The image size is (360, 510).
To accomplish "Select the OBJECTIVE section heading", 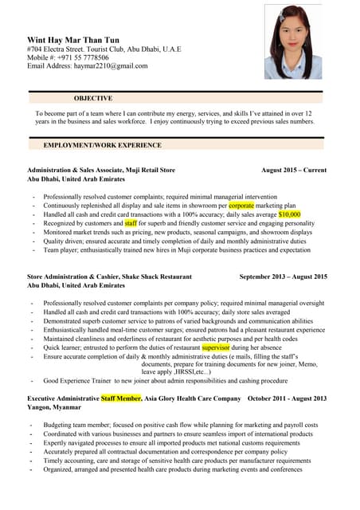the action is pyautogui.click(x=92, y=98).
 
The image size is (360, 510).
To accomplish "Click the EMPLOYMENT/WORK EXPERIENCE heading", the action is pyautogui.click(x=102, y=146).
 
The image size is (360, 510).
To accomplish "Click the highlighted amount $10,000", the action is pyautogui.click(x=289, y=214).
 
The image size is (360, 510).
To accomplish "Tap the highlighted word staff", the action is pyautogui.click(x=131, y=223).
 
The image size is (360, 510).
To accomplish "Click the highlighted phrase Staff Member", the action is pyautogui.click(x=121, y=397).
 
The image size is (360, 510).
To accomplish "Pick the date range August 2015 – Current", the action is pyautogui.click(x=294, y=170).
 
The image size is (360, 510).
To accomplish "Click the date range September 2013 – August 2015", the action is pyautogui.click(x=283, y=277).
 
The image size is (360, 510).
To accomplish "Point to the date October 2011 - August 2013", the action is pyautogui.click(x=288, y=397).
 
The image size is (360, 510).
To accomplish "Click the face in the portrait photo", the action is pyautogui.click(x=292, y=36).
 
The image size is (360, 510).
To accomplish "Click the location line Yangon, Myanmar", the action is pyautogui.click(x=54, y=406).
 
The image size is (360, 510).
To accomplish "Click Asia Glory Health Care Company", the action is pyautogui.click(x=192, y=397).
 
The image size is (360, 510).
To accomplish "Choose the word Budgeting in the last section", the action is pyautogui.click(x=58, y=425).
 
